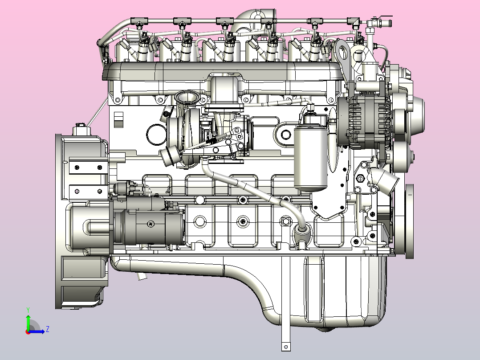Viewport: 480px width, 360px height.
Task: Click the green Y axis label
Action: point(28,310)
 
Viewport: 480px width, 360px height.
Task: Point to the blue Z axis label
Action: point(48,329)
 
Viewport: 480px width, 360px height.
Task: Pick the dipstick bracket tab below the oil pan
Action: point(285,347)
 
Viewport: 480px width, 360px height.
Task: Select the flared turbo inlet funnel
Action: point(187,97)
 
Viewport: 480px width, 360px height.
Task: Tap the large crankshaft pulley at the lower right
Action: point(409,221)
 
